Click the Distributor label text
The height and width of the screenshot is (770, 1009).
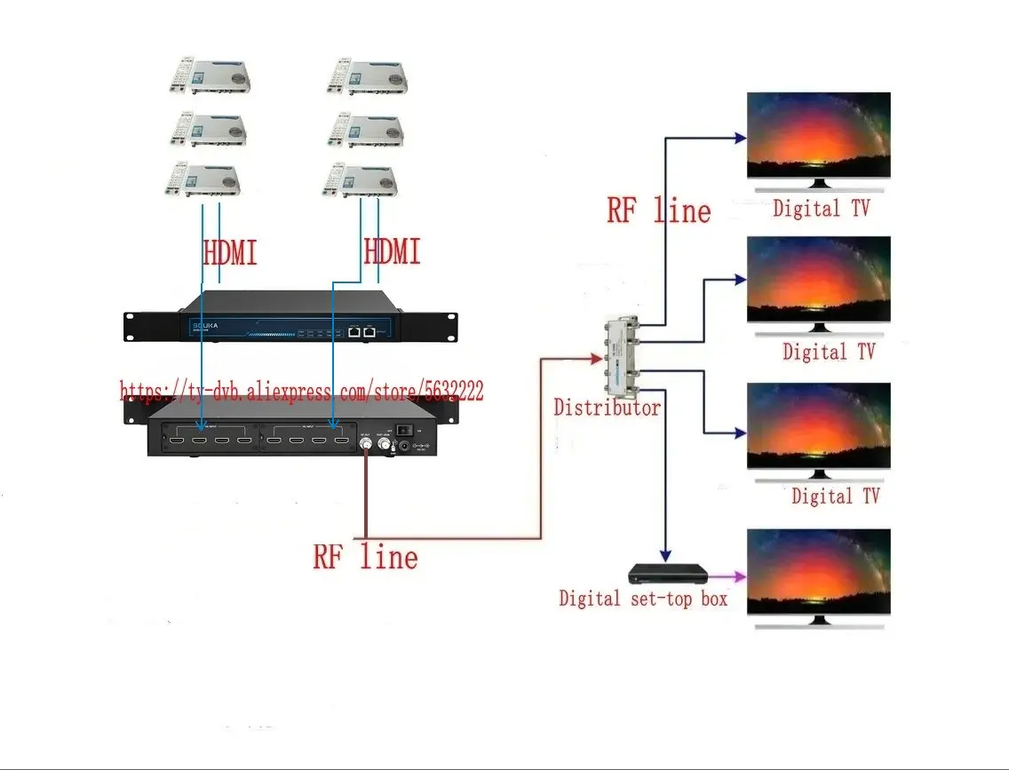[x=607, y=408]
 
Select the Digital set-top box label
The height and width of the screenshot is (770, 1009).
[x=642, y=599]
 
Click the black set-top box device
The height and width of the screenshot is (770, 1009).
[x=668, y=573]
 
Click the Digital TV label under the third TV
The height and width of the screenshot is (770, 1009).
[x=835, y=496]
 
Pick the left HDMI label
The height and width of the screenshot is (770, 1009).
[x=230, y=253]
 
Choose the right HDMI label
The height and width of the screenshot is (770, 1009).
[x=392, y=252]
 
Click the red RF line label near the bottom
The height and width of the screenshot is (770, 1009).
[x=365, y=557]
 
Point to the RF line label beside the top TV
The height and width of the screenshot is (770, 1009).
[x=658, y=211]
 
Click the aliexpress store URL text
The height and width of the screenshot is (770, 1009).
[x=302, y=391]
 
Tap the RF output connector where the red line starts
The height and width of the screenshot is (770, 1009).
[x=365, y=441]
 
